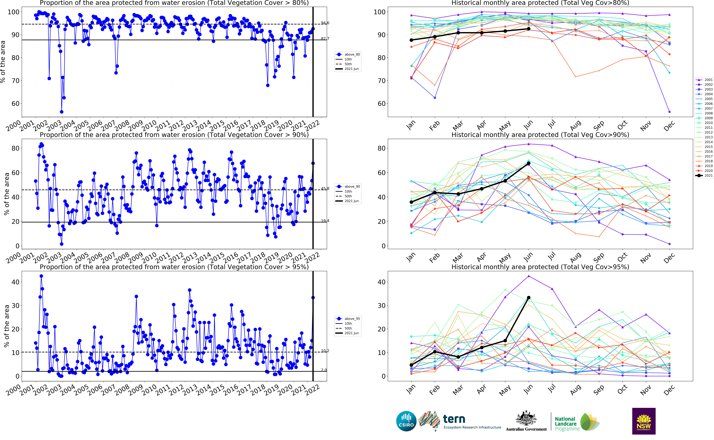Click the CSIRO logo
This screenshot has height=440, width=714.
(x=406, y=421)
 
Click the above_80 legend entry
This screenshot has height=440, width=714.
(x=348, y=54)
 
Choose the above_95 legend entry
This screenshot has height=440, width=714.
(x=348, y=319)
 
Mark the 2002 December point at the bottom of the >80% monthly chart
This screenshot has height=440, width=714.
(x=670, y=112)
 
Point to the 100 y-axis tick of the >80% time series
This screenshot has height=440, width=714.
(x=13, y=12)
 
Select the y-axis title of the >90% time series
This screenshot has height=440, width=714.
(x=6, y=194)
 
